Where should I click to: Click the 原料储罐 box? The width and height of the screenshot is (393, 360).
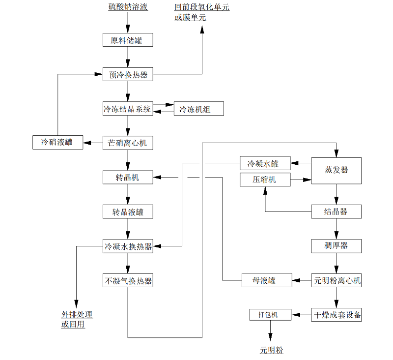pyautogui.click(x=128, y=40)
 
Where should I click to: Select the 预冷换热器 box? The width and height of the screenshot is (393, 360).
pyautogui.click(x=128, y=75)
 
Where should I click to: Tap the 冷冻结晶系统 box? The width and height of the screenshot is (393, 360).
pyautogui.click(x=128, y=109)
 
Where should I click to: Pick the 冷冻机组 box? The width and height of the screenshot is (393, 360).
pyautogui.click(x=198, y=109)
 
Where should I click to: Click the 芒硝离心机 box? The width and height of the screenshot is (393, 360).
pyautogui.click(x=128, y=143)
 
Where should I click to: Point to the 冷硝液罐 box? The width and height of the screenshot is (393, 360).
pyautogui.click(x=57, y=143)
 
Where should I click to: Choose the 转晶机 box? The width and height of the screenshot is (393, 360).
pyautogui.click(x=128, y=177)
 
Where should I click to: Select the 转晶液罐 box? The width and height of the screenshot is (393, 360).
pyautogui.click(x=128, y=212)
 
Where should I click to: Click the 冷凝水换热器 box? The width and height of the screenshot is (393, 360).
pyautogui.click(x=128, y=246)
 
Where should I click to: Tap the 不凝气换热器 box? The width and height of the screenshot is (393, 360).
pyautogui.click(x=128, y=281)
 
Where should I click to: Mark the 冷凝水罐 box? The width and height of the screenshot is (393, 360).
pyautogui.click(x=265, y=163)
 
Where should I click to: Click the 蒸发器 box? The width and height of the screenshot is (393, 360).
pyautogui.click(x=337, y=170)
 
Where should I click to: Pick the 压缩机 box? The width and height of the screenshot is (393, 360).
pyautogui.click(x=265, y=180)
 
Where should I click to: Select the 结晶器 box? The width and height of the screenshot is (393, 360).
pyautogui.click(x=337, y=212)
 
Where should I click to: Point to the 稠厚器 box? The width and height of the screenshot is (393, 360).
pyautogui.click(x=337, y=246)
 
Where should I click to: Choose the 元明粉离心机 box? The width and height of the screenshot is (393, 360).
pyautogui.click(x=337, y=281)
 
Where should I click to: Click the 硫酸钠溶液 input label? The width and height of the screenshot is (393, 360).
pyautogui.click(x=128, y=7)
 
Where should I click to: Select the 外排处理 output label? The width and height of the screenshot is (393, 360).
pyautogui.click(x=77, y=315)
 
